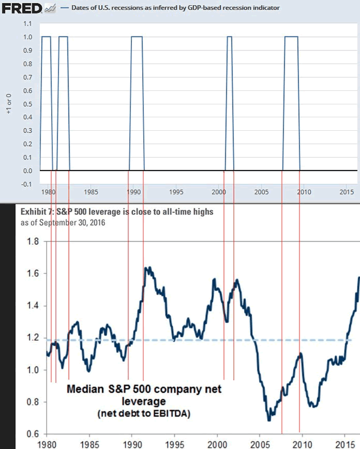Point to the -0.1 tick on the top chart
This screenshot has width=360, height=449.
pyautogui.click(x=26, y=184)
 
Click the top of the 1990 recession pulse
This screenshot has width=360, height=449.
pyautogui.click(x=136, y=37)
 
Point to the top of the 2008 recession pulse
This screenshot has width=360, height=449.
pyautogui.click(x=291, y=37)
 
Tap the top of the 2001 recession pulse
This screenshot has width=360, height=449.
pyautogui.click(x=230, y=37)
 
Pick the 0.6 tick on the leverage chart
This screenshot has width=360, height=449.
pyautogui.click(x=32, y=434)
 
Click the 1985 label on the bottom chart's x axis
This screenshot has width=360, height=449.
pyautogui.click(x=89, y=442)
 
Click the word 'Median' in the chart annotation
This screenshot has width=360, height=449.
pyautogui.click(x=86, y=389)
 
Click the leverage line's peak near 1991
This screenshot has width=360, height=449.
pyautogui.click(x=147, y=268)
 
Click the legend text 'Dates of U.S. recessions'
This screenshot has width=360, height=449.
pyautogui.click(x=102, y=8)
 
